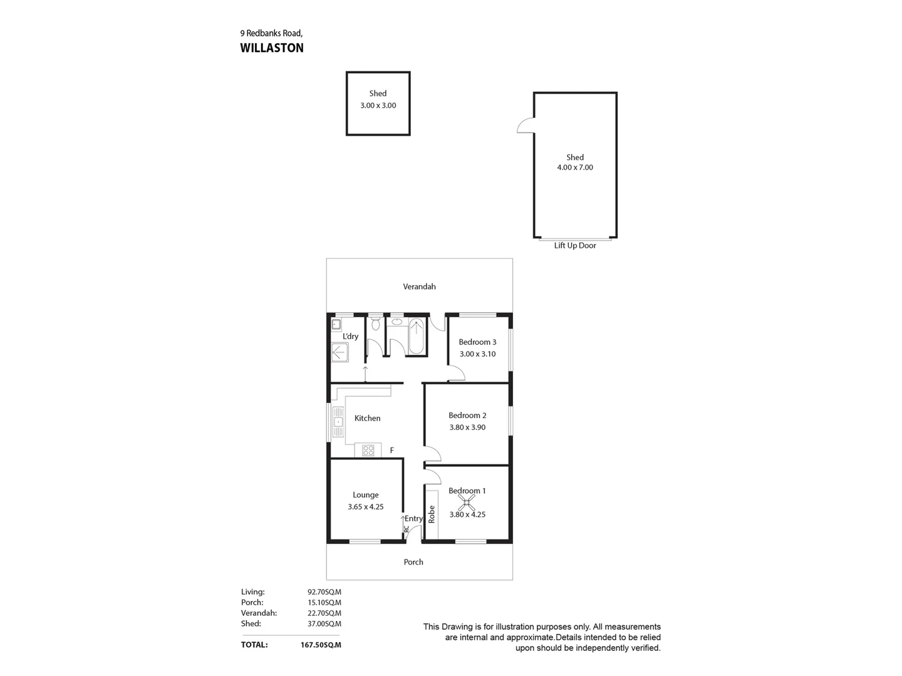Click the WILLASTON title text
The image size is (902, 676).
[272, 48]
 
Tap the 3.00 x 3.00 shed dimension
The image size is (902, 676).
[378, 106]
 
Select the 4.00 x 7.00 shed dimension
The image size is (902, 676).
[574, 168]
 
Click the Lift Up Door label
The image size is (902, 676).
[574, 246]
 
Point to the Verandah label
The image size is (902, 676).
[419, 287]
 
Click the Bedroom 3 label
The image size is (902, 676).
[477, 342]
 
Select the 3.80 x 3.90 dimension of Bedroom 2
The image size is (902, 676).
[467, 428]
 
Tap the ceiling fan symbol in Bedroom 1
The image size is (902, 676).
[467, 502]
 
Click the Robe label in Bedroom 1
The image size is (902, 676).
[432, 515]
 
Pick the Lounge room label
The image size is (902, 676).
[365, 495]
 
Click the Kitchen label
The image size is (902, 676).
[367, 418]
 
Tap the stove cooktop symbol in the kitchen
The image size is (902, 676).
[368, 450]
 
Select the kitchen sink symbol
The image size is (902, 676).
[338, 422]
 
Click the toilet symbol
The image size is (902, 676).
[375, 324]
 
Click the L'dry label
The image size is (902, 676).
[350, 337]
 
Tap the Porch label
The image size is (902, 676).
[413, 562]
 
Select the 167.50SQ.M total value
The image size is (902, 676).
[321, 645]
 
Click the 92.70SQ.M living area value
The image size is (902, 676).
[324, 592]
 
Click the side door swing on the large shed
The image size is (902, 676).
[526, 126]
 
